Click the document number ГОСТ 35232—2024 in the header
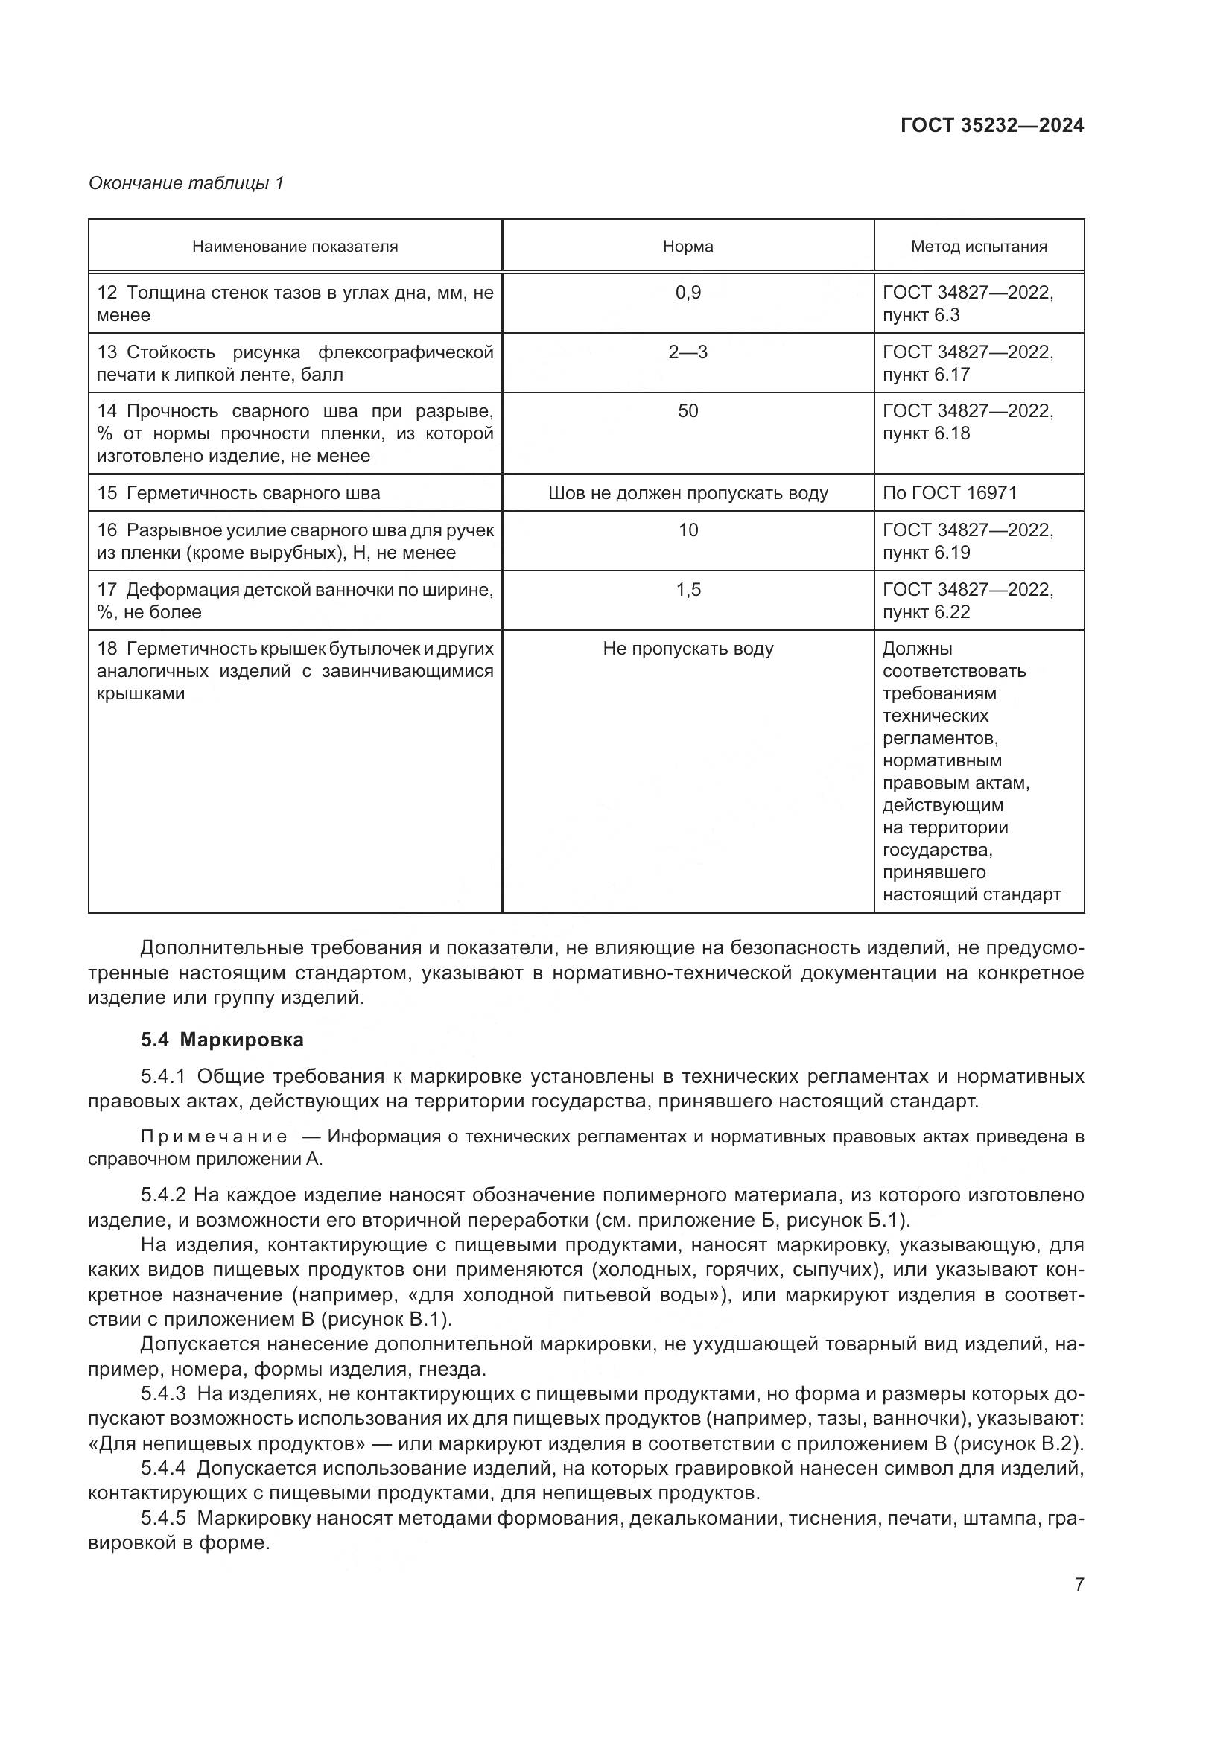(x=991, y=126)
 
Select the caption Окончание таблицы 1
(x=186, y=183)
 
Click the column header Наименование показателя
(x=294, y=247)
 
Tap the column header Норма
(x=688, y=247)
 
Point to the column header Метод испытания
(x=979, y=247)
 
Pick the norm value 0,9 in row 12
(x=688, y=293)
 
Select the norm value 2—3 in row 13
(x=688, y=352)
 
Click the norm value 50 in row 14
(x=688, y=411)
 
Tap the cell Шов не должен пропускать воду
(x=688, y=493)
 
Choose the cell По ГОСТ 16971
(x=949, y=493)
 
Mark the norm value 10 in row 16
(x=688, y=530)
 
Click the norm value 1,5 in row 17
(x=688, y=590)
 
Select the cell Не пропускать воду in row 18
(x=688, y=649)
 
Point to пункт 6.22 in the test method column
(x=927, y=612)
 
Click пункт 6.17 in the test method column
(x=927, y=375)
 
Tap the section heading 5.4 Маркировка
(x=221, y=1040)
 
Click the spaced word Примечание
(x=214, y=1137)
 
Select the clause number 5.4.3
(x=162, y=1393)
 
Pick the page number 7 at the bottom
(x=1079, y=1584)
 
